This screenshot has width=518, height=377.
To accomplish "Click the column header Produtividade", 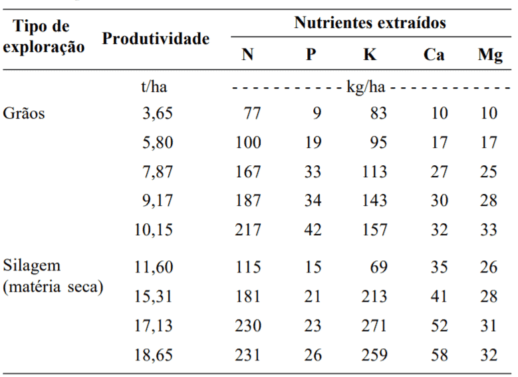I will (156, 39).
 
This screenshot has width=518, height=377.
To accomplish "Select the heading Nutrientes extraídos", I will (370, 23).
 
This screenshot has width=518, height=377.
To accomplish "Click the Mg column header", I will (489, 55).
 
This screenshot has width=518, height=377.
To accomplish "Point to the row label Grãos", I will (24, 113).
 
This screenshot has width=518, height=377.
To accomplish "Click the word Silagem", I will (32, 267).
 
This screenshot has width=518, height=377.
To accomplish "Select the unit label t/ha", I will (154, 87).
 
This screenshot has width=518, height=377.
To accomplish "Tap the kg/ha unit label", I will (370, 87).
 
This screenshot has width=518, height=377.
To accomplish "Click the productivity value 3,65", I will (157, 113).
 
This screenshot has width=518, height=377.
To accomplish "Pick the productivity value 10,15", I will (154, 230).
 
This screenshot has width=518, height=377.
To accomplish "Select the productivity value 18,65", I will (154, 355).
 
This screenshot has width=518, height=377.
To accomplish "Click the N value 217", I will (248, 230).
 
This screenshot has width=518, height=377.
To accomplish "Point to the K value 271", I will (374, 326).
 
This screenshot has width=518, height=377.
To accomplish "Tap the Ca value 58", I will (438, 355).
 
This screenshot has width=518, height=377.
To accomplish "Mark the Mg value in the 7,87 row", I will (489, 172).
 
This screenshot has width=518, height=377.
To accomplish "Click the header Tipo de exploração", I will (43, 37).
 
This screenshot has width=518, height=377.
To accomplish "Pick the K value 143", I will (374, 201).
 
